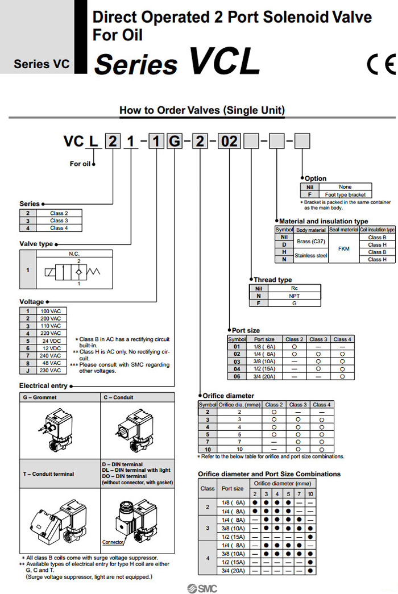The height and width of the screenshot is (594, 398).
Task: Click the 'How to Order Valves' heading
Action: [202, 110]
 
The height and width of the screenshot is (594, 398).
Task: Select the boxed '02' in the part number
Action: [230, 141]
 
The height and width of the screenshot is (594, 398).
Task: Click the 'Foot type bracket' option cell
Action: [345, 194]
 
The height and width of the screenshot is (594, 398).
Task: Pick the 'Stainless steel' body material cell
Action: [311, 256]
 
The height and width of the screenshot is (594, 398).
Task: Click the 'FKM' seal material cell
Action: [343, 248]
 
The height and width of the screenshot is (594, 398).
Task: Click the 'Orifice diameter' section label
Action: [228, 395]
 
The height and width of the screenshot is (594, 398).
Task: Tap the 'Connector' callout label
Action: [113, 542]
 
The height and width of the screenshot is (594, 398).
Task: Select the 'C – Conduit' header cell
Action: [118, 397]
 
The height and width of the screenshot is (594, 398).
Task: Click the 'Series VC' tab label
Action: [42, 64]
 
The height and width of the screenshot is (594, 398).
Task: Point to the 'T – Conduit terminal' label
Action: [48, 473]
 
